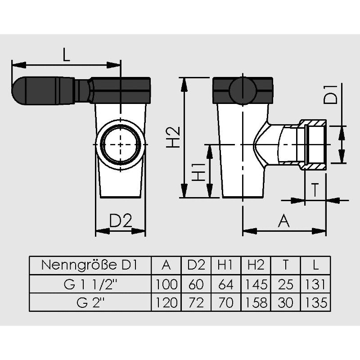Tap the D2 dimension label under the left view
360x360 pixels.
click(x=121, y=221)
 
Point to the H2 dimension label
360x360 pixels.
click(x=173, y=137)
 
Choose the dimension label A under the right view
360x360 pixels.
click(x=283, y=221)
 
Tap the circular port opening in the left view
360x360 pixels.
click(x=121, y=145)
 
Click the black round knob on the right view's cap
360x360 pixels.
click(x=242, y=90)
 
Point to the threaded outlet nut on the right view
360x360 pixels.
click(x=313, y=145)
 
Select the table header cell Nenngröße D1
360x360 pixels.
click(x=89, y=265)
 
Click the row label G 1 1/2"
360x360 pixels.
click(x=89, y=284)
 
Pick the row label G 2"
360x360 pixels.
click(x=89, y=302)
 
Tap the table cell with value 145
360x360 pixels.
click(x=256, y=284)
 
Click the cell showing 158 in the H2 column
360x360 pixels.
click(x=256, y=302)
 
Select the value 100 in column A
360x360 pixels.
click(x=166, y=284)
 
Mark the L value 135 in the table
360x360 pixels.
click(x=315, y=302)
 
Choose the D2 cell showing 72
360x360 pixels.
click(x=196, y=302)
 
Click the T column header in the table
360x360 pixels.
click(x=286, y=265)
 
